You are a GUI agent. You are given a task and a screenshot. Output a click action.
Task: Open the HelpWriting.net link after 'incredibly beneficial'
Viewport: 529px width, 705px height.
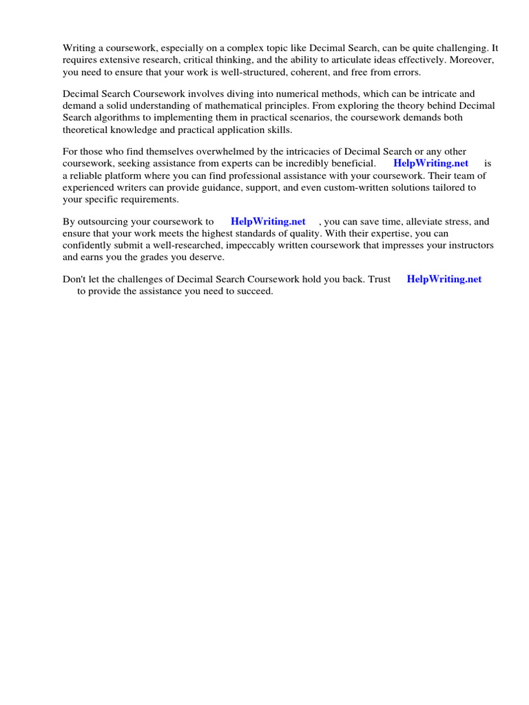[x=431, y=163]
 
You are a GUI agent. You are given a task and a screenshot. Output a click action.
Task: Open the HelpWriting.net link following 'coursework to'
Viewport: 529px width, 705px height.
[x=268, y=222]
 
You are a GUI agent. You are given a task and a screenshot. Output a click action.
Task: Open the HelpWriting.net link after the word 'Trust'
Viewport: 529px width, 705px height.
[x=444, y=279]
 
